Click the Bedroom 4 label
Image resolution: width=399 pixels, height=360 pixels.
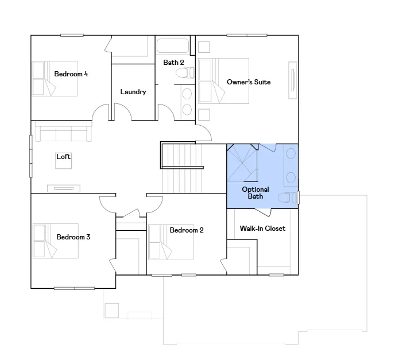71,74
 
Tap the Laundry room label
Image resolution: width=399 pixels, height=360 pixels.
133,92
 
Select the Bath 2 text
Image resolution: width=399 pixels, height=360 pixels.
173,63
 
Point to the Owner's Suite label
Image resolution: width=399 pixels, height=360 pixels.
249,82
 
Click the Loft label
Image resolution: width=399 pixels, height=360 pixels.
63,157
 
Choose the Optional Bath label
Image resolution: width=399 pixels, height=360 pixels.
255,193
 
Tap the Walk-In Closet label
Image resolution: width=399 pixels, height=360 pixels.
262,229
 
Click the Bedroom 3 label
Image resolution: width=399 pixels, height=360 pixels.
73,237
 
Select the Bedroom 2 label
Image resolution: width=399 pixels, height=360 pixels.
187,230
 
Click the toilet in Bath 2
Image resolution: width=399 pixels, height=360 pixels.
185,73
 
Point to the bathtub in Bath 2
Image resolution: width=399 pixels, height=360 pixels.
173,46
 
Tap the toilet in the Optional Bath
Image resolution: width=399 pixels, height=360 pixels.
288,198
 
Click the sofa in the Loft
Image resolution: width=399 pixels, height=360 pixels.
63,132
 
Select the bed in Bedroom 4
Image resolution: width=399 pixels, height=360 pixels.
55,79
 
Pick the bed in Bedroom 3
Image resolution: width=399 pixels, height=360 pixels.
56,241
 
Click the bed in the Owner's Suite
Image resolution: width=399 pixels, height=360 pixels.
224,81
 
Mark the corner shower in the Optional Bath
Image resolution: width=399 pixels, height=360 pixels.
242,163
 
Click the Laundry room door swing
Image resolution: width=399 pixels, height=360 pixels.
123,111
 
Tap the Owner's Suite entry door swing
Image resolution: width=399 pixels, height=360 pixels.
204,133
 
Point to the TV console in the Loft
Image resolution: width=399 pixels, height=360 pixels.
64,188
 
